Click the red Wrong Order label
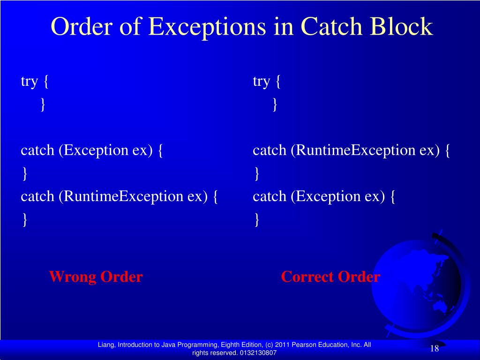click(96, 277)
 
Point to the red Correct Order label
click(330, 277)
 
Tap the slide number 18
click(434, 348)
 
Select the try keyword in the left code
click(29, 82)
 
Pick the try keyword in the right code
click(261, 82)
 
